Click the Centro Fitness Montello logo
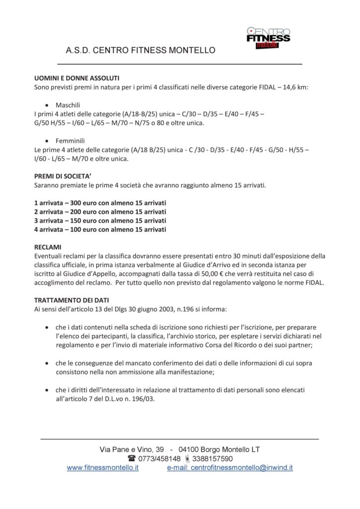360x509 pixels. pos(268,38)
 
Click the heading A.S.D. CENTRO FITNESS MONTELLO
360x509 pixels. pos(140,50)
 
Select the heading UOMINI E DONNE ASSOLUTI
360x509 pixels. pos(77,79)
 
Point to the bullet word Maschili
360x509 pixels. pos(68,105)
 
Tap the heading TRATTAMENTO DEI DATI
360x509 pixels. pos(72,300)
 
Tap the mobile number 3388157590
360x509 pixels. pos(212,458)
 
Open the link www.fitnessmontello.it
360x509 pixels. pos(102,468)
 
